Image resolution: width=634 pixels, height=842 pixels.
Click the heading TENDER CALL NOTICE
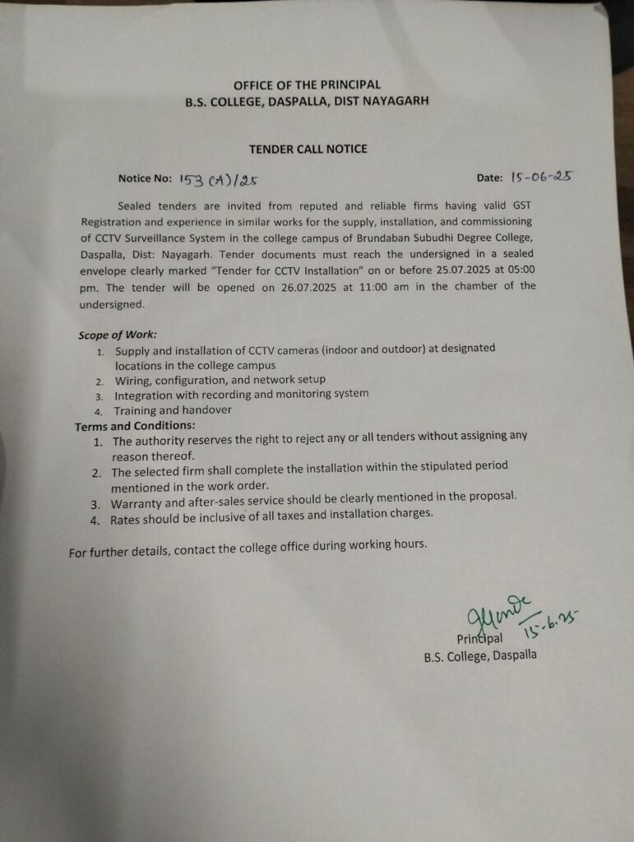308,149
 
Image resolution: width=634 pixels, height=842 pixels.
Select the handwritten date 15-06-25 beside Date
541,176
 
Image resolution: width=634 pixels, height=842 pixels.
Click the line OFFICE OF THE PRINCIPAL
307,85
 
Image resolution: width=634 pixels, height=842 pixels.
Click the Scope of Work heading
117,335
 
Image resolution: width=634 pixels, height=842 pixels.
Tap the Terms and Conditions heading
135,426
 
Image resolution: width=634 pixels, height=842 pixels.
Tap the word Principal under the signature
479,639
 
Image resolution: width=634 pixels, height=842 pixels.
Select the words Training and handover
173,409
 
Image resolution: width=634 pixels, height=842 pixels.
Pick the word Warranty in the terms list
140,502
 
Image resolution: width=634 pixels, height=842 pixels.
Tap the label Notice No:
145,178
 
